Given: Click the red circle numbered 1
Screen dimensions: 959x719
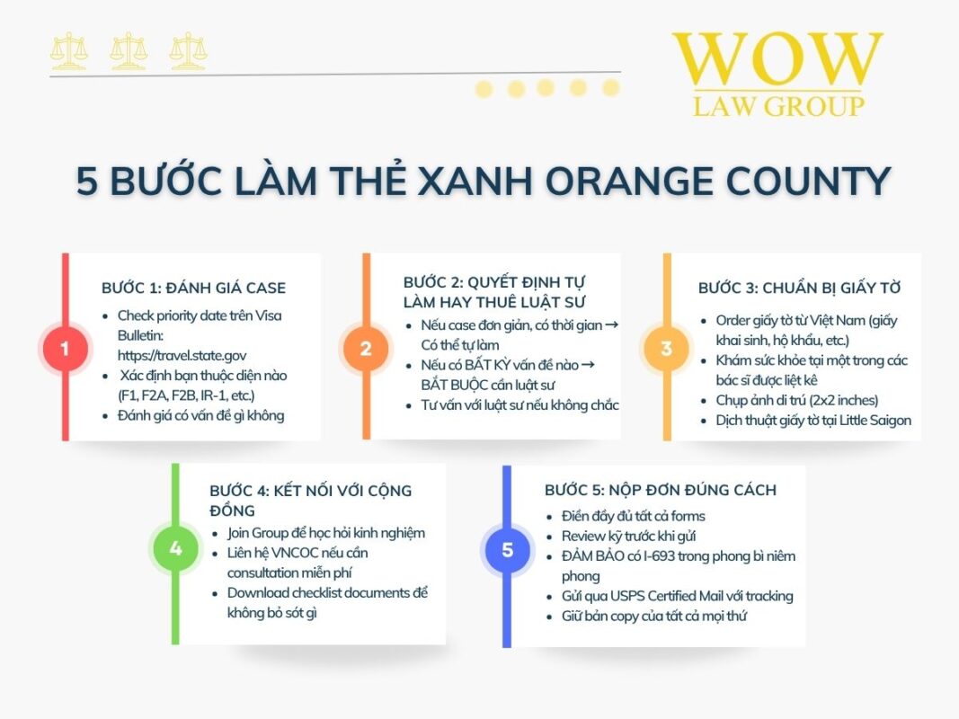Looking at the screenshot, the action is point(65,348).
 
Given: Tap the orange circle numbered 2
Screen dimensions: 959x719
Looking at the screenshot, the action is point(366,348).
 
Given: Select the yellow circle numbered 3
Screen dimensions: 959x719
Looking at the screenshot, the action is point(667,348).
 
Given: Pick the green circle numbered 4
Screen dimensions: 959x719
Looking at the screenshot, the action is point(175,548).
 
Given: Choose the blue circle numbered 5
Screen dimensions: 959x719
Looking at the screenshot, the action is point(507,550).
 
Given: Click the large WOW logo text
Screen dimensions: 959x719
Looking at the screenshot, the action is point(777,58).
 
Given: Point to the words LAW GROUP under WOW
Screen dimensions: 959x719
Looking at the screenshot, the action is point(778,106).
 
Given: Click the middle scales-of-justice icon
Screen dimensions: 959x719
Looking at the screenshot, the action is point(129,50).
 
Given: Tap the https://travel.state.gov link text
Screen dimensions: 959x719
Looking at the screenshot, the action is point(182,355).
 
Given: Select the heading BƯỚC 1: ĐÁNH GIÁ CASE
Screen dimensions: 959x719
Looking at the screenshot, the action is point(194,288).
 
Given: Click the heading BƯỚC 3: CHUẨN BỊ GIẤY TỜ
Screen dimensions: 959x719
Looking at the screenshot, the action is point(799,288).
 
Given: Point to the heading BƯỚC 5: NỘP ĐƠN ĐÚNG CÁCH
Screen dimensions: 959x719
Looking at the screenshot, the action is point(661,490).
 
